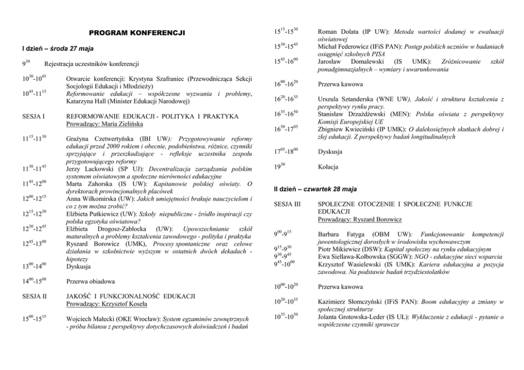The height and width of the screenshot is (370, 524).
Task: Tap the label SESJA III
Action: [x=286, y=204]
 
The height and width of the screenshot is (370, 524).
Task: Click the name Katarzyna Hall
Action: [x=88, y=102]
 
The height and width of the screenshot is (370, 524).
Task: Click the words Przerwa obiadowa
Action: [x=90, y=282]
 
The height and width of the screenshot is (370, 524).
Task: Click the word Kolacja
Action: [x=328, y=167]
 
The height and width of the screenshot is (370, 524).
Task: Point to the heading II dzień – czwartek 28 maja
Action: [x=315, y=188]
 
